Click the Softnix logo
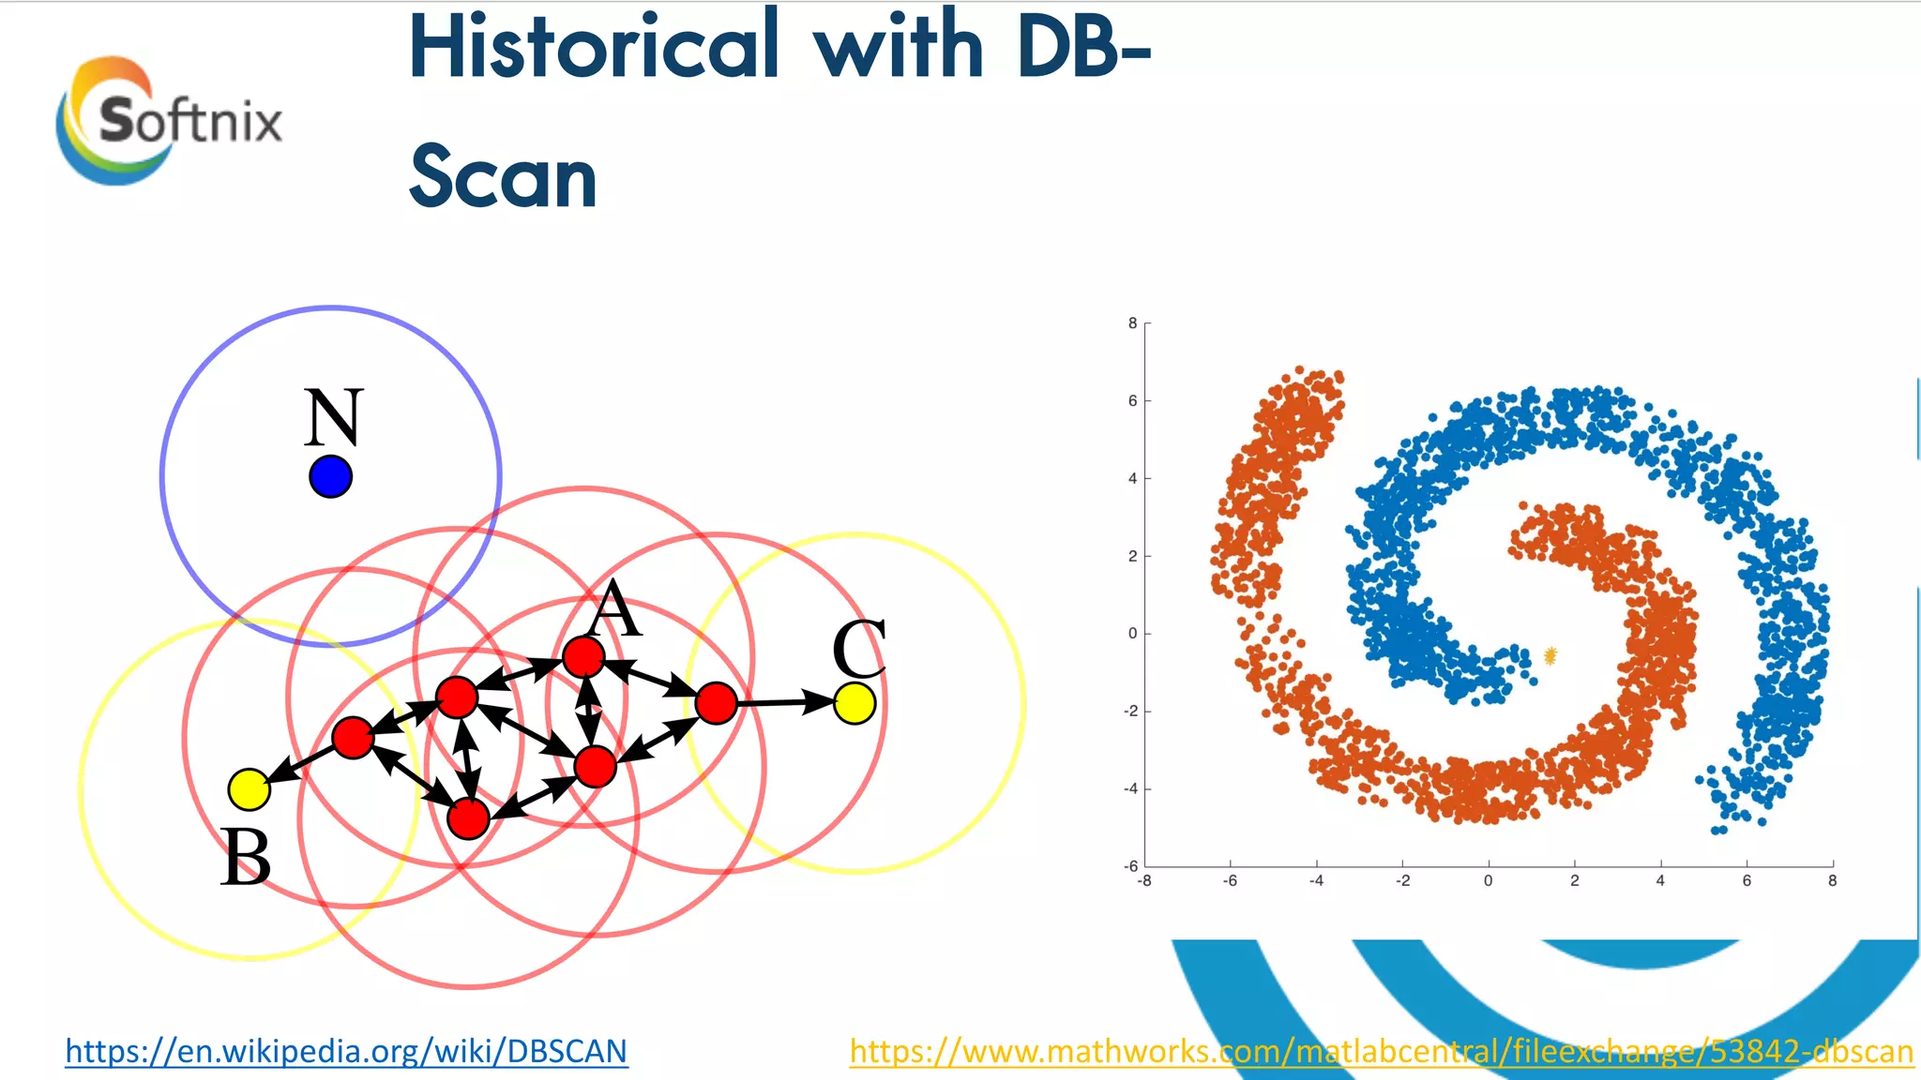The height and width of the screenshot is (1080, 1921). [169, 120]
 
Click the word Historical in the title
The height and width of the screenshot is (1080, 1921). [593, 47]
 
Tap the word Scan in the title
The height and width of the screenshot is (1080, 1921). [503, 178]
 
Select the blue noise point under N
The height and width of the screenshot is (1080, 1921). [330, 476]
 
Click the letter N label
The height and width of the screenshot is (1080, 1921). [332, 417]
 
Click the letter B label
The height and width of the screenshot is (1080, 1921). [246, 857]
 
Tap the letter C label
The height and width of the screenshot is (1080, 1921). [858, 649]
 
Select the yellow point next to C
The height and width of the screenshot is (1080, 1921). [855, 703]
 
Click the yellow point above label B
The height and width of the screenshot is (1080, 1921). [250, 789]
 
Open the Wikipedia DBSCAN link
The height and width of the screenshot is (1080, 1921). [346, 1051]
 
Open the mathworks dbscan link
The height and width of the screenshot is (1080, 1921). [1381, 1051]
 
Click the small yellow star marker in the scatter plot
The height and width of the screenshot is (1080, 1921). [1550, 655]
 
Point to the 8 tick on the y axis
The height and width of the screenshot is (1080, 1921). [1132, 323]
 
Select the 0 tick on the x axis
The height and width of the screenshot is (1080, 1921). [1488, 881]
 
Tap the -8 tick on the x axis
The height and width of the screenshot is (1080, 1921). [1143, 881]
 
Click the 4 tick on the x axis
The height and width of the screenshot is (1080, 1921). [1660, 881]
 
